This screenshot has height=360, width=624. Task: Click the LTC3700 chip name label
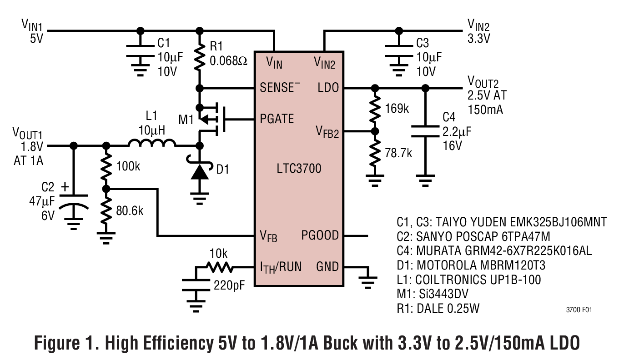pyautogui.click(x=298, y=169)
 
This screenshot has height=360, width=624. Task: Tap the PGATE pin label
pyautogui.click(x=277, y=119)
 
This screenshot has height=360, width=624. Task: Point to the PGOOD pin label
pyautogui.click(x=320, y=235)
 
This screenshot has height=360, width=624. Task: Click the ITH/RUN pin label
pyautogui.click(x=281, y=267)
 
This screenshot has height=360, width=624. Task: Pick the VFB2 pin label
pyautogui.click(x=327, y=132)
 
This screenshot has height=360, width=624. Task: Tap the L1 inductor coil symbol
pyautogui.click(x=151, y=144)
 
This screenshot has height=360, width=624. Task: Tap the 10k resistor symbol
pyautogui.click(x=220, y=267)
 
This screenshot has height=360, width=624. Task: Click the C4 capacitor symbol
pyautogui.click(x=425, y=131)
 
